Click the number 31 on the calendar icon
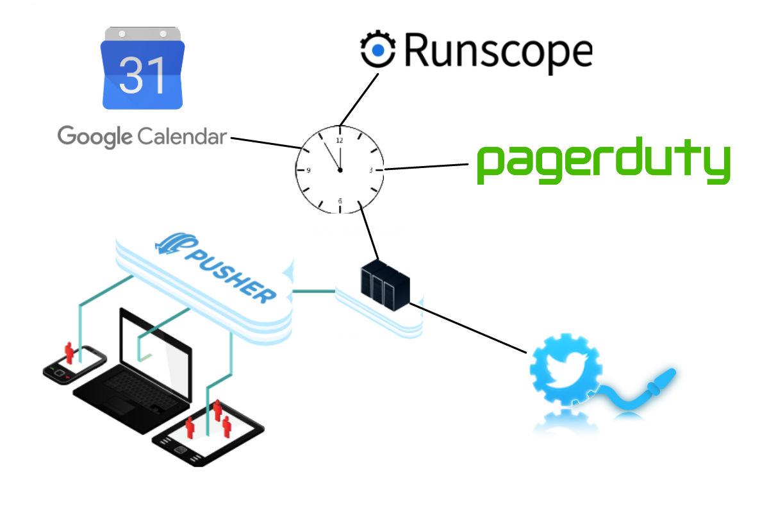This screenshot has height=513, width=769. click(x=142, y=75)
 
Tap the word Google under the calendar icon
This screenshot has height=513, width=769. click(x=95, y=137)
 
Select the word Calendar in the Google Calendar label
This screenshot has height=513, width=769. click(x=182, y=137)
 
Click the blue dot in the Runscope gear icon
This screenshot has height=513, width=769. click(x=378, y=50)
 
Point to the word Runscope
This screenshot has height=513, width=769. click(x=499, y=52)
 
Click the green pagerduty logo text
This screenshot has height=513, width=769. click(x=604, y=160)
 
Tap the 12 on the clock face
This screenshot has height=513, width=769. click(x=340, y=140)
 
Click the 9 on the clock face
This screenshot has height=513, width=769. click(x=308, y=170)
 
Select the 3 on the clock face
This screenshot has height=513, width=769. click(x=371, y=170)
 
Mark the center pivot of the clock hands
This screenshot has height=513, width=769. click(x=340, y=170)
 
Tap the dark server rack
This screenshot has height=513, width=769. click(x=385, y=285)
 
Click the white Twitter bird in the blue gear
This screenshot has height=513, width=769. click(x=565, y=369)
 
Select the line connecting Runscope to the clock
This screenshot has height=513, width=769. click(x=359, y=99)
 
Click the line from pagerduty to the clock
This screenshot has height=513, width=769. click(x=426, y=167)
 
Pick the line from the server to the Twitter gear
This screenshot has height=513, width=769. click(x=468, y=328)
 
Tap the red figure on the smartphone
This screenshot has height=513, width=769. click(x=69, y=353)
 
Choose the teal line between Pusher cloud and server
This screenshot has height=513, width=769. click(x=314, y=291)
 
